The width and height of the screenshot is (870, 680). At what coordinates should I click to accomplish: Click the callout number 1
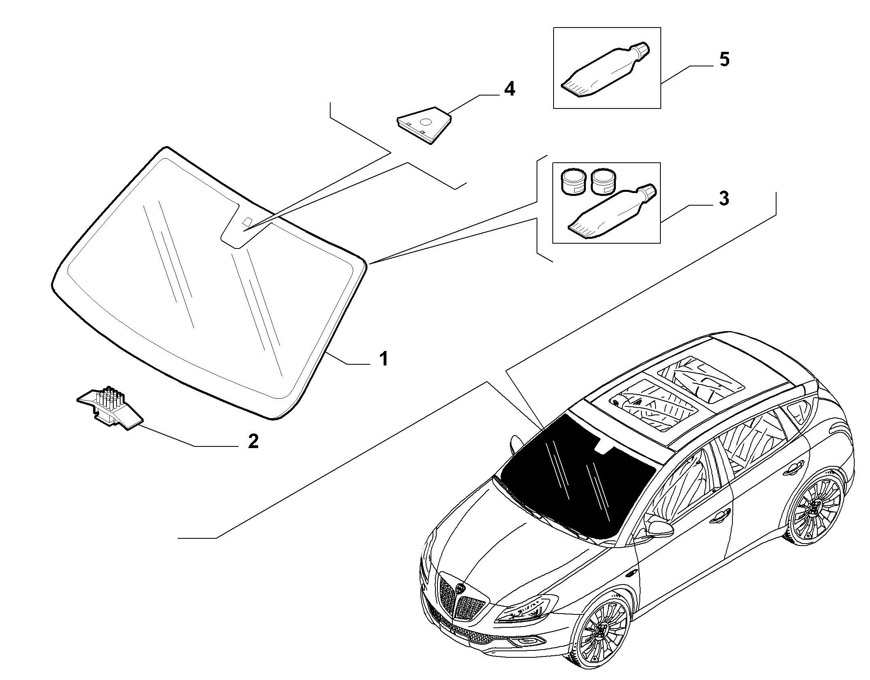coord(383,359)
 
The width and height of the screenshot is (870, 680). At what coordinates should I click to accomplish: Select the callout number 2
coord(253,441)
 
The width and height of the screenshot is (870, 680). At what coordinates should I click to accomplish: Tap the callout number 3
coord(724,199)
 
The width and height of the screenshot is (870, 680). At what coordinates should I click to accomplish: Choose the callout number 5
coord(724,60)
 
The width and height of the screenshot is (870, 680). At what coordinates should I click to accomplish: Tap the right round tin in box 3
coord(603,181)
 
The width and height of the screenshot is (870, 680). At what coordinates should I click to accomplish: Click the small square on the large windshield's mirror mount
coord(247,222)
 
